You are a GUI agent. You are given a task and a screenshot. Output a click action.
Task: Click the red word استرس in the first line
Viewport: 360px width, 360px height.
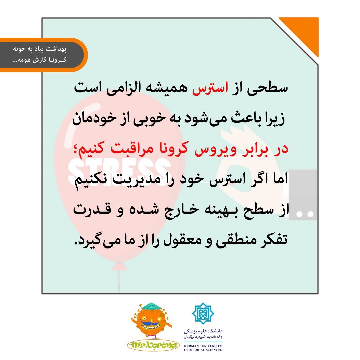tap(210, 89)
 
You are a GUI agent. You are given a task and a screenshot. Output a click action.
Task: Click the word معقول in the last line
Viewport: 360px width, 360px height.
tap(183, 241)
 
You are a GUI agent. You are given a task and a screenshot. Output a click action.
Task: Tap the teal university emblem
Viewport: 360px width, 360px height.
tap(203, 313)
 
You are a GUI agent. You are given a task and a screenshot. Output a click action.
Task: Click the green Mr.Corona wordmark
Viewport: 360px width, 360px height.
tap(153, 345)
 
